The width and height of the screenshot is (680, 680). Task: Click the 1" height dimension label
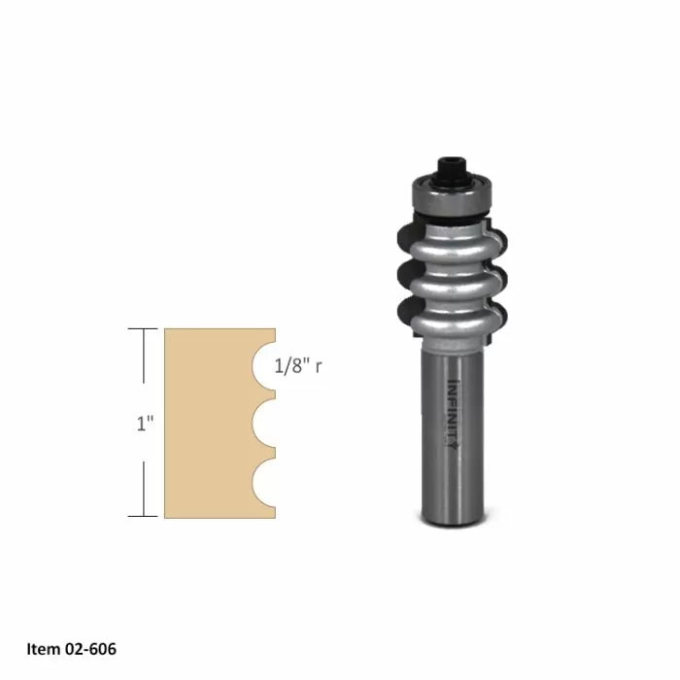[x=144, y=424]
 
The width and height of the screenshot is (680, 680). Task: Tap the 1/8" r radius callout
[x=299, y=367]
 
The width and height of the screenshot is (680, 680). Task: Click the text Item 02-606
[x=71, y=649]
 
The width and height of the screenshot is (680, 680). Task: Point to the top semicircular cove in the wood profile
[x=265, y=367]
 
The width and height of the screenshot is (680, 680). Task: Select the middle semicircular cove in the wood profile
[x=265, y=424]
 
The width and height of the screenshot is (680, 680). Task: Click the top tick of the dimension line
[x=144, y=330]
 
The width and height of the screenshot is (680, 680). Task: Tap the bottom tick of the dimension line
[x=144, y=516]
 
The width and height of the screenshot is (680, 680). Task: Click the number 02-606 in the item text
[x=86, y=649]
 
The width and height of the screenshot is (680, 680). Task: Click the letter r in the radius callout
[x=319, y=367]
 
